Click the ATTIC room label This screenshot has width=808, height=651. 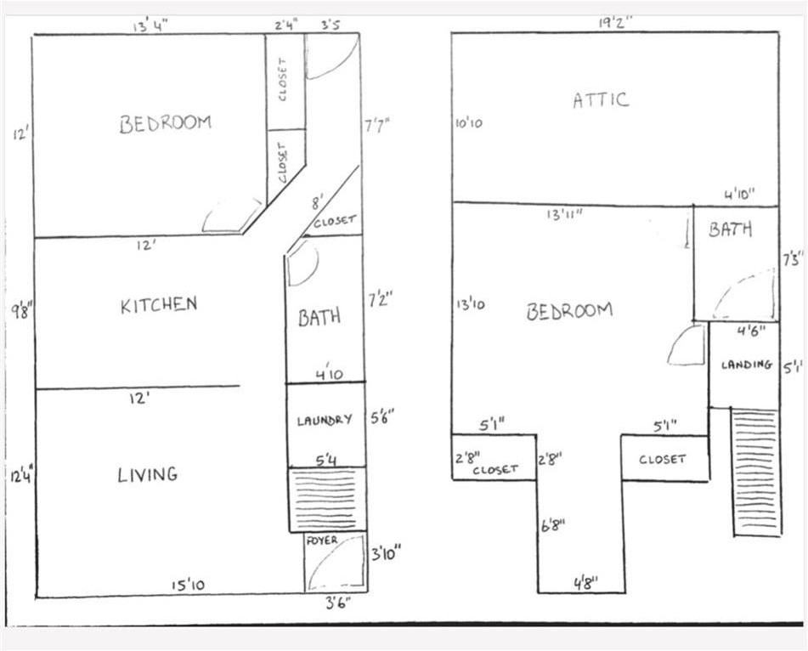[601, 99]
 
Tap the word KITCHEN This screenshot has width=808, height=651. [159, 305]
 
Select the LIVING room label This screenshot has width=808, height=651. [147, 474]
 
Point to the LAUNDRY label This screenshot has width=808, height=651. [325, 420]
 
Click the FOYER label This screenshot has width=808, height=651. [322, 541]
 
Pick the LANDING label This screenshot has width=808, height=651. [747, 365]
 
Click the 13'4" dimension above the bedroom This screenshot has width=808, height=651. [150, 25]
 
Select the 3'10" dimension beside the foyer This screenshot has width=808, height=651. [385, 554]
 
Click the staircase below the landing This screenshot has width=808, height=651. [754, 472]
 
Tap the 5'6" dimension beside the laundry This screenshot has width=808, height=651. [382, 417]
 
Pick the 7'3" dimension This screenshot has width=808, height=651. [792, 258]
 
